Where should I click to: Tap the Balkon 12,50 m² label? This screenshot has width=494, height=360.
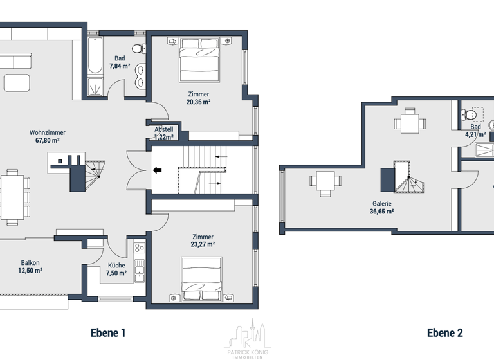click(30, 267)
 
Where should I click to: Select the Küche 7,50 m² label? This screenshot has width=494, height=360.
click(116, 269)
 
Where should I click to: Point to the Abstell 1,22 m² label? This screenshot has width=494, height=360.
click(163, 133)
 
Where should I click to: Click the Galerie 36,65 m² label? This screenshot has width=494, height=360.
click(381, 207)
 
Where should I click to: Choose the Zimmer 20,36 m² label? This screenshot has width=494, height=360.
click(198, 98)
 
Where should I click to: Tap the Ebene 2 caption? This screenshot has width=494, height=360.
click(444, 332)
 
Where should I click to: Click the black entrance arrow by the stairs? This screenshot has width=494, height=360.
click(158, 170)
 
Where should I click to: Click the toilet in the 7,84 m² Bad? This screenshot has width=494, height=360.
click(138, 48)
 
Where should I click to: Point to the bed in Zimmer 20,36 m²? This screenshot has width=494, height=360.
click(199, 58)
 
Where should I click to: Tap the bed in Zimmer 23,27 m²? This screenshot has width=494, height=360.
click(203, 278)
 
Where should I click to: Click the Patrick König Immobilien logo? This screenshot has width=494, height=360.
click(248, 337)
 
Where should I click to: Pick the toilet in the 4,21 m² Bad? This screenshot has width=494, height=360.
click(471, 115)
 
